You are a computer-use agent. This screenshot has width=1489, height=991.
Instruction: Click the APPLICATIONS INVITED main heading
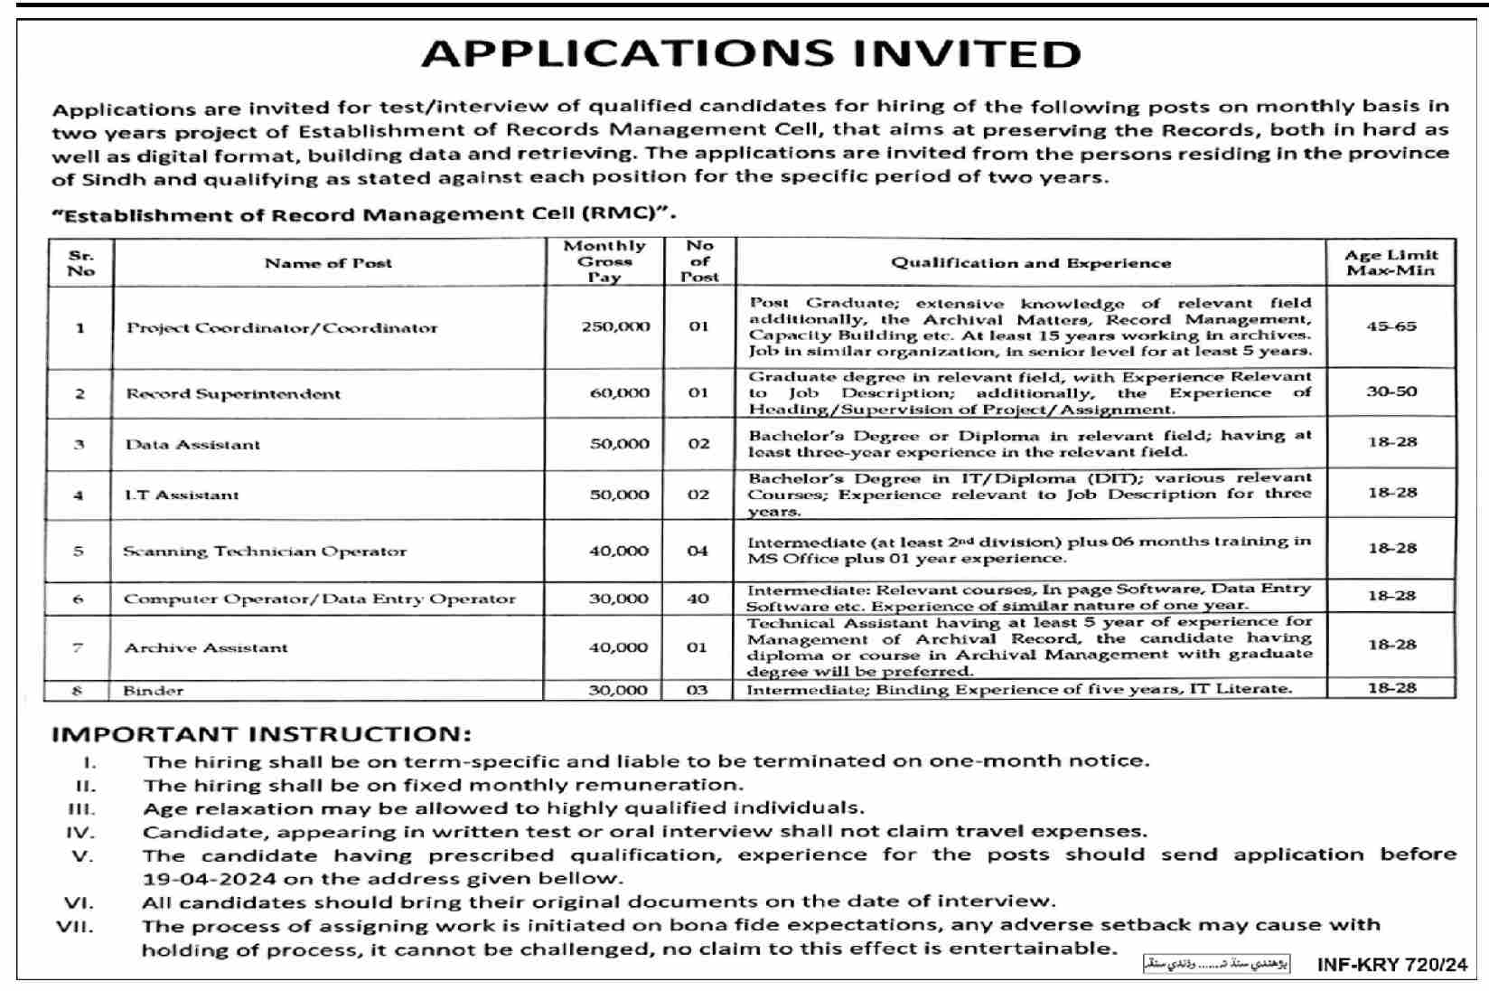point(751,53)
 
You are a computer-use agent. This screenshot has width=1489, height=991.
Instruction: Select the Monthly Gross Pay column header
point(604,261)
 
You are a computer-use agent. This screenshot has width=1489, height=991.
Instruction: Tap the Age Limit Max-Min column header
point(1391,262)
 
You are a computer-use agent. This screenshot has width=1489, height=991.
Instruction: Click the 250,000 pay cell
point(615,326)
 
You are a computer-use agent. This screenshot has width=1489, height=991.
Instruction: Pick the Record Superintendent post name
point(233,393)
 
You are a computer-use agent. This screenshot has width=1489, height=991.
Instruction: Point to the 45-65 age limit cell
point(1391,326)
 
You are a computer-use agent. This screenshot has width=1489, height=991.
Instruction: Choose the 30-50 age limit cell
point(1391,392)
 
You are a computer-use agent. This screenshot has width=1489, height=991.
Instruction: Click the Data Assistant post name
point(192,444)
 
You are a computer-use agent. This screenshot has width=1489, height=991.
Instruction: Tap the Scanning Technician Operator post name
point(265,551)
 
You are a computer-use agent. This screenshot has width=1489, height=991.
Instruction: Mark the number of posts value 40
point(698,598)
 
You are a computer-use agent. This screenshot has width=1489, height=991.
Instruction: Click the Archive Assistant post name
point(206,647)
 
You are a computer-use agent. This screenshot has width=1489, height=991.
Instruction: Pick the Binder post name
point(154,690)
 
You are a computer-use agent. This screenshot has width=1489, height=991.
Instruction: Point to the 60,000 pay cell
point(619,392)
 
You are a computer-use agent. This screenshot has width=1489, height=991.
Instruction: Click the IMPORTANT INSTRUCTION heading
point(261,733)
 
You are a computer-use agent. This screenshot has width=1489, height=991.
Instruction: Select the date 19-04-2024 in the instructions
point(199,878)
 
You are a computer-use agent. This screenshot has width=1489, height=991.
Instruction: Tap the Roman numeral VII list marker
point(75,926)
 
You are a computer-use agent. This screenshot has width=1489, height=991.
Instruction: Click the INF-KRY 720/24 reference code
point(1391,965)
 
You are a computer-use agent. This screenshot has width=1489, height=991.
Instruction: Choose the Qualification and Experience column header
point(1030,263)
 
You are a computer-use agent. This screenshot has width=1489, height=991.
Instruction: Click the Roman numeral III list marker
point(81,808)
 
